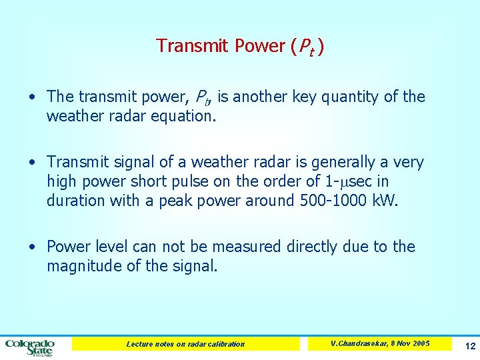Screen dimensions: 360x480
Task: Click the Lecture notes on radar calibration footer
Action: (x=185, y=344)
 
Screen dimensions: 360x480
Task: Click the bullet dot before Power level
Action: (x=33, y=247)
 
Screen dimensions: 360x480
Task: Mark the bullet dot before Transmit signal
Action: (x=33, y=163)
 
